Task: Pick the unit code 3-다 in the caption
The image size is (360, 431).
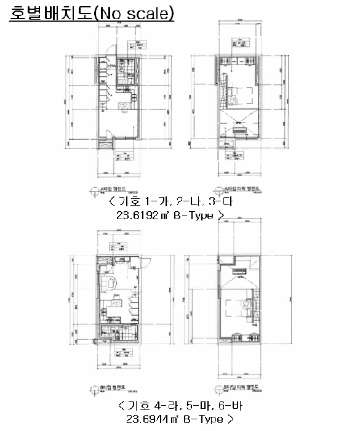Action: [x=209, y=203]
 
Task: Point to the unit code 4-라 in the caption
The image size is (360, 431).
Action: [x=161, y=407]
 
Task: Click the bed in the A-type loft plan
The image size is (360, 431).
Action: [x=236, y=95]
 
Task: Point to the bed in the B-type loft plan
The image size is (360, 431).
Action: [x=236, y=305]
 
